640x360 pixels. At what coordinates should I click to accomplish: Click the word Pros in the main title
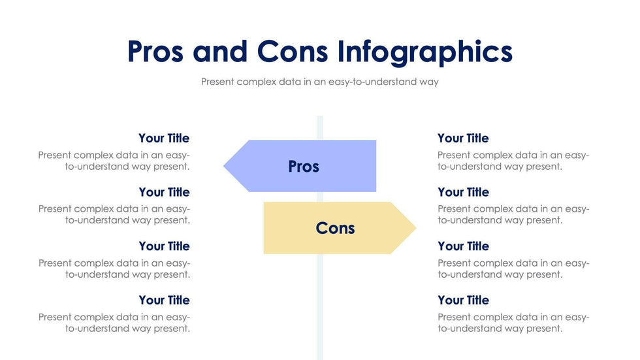point(155,52)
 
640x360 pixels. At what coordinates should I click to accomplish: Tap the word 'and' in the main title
point(220,52)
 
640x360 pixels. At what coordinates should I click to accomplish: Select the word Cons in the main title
point(293,52)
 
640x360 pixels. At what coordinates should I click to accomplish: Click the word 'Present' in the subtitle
point(217,82)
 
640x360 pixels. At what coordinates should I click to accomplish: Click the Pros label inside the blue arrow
point(304,167)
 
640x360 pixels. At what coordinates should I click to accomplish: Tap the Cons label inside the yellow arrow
point(335,228)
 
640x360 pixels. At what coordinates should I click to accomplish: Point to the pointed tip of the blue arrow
point(223,166)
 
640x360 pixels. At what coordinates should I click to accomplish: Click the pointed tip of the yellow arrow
point(416,228)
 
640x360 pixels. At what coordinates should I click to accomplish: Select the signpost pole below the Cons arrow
point(320,306)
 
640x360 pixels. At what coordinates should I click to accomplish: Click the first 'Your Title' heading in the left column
point(164,138)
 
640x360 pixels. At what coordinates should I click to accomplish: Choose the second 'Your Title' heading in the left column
point(164,192)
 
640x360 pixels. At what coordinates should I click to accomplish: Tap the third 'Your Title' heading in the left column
point(164,246)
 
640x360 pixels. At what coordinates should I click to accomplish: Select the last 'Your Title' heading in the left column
point(164,300)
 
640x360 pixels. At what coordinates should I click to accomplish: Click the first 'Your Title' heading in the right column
point(463,138)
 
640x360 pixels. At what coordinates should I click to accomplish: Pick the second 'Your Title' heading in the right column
point(463,192)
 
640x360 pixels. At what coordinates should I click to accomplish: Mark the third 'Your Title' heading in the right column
point(463,246)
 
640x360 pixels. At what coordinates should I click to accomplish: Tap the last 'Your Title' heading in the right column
point(463,300)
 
